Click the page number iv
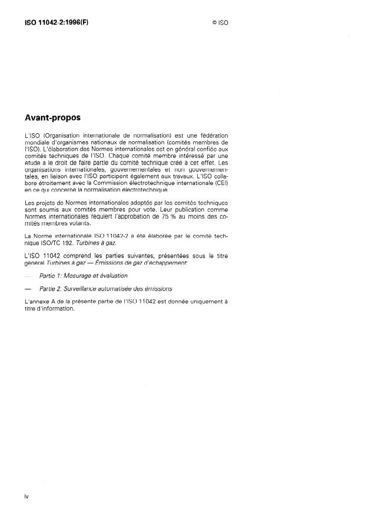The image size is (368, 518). click(27, 496)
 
